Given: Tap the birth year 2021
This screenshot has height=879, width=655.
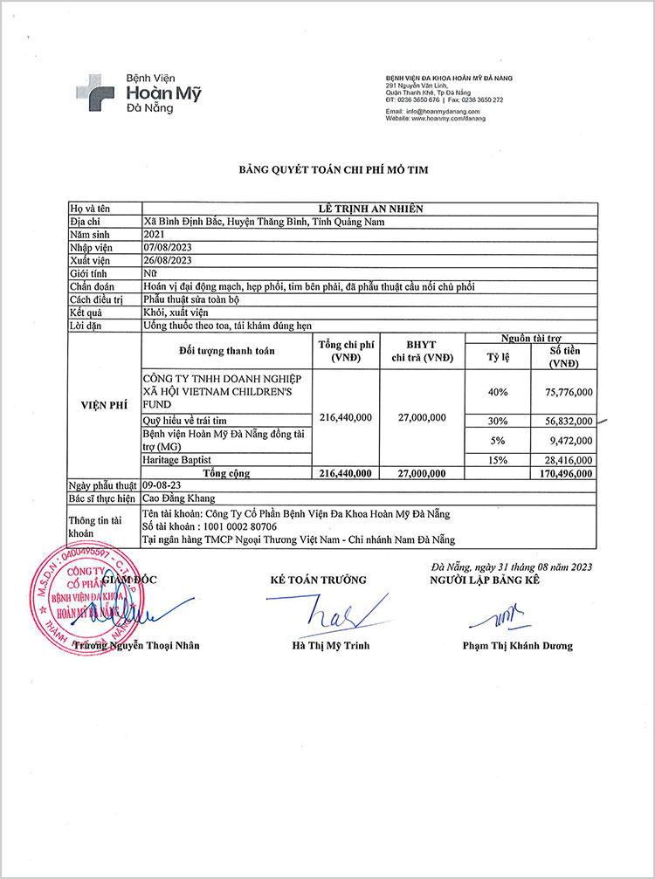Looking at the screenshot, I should (154, 235).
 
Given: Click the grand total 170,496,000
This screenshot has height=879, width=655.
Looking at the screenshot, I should (562, 473).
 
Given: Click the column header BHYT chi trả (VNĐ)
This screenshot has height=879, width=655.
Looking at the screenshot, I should (421, 352).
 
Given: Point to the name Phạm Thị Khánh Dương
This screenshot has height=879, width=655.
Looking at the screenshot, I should (517, 646).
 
